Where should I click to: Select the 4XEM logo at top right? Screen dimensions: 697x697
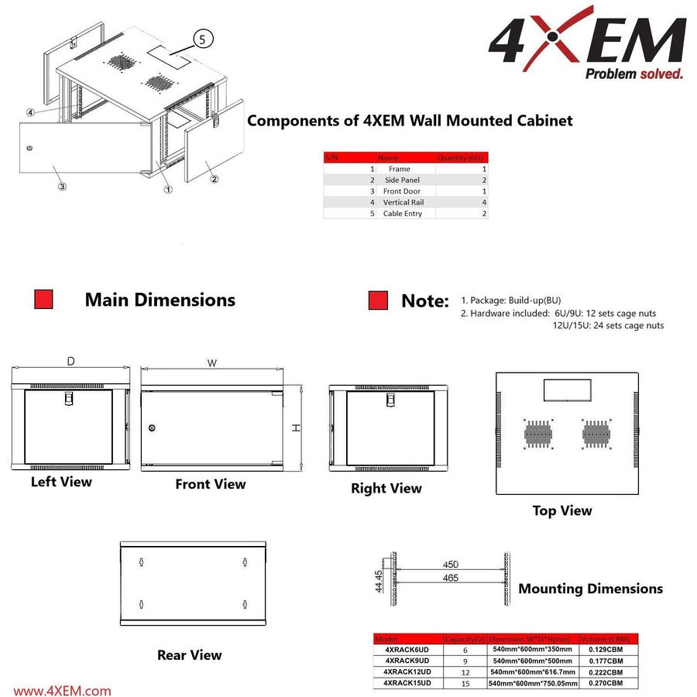coord(586,46)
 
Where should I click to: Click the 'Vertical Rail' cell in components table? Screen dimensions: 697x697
coord(403,202)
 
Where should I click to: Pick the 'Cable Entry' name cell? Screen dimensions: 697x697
coord(403,214)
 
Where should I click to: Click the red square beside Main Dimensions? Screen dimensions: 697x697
coord(43,300)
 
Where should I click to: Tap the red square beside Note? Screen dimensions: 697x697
coord(378,300)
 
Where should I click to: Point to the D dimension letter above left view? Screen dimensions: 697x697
coord(70,362)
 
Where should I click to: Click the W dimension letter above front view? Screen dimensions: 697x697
coord(212,362)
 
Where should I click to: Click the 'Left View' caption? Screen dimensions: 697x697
coord(61,482)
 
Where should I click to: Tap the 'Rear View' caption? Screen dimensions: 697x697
coord(189,655)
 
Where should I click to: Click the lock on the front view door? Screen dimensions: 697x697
coord(152,428)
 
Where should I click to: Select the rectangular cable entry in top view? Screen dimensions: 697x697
coord(568,390)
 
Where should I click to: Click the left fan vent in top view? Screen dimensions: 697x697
coord(536,434)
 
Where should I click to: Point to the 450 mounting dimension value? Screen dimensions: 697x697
coord(450,565)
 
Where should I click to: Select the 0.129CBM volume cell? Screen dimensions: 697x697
coord(605,650)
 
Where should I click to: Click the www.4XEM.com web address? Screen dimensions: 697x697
coord(63,691)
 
